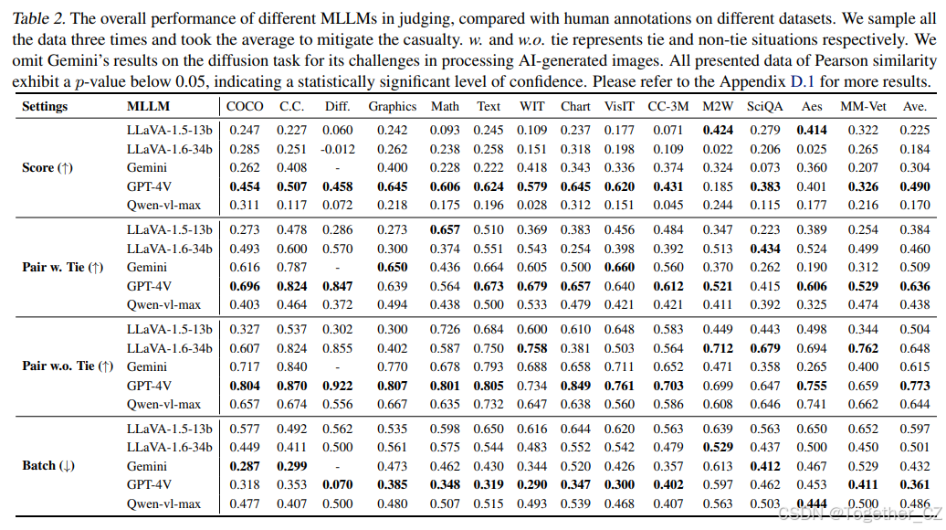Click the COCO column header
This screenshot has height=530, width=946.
(x=244, y=106)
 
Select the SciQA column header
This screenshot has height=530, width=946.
(x=763, y=106)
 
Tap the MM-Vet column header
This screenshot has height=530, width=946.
(x=859, y=106)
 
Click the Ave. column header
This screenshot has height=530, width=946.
(x=915, y=106)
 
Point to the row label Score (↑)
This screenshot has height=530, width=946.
(x=47, y=167)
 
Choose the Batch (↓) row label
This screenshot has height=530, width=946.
(x=48, y=465)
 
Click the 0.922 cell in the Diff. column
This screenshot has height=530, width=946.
(x=338, y=386)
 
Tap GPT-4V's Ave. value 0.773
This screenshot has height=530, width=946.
(x=915, y=386)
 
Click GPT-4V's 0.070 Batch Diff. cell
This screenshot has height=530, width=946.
(x=338, y=484)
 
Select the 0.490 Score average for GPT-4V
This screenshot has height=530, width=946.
(x=915, y=186)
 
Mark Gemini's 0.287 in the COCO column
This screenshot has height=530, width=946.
(x=244, y=465)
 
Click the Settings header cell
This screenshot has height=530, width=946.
(x=45, y=106)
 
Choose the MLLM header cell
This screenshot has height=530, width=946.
(x=147, y=106)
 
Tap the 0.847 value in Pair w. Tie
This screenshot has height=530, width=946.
(x=338, y=286)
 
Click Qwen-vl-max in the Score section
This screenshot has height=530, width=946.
(x=164, y=205)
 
